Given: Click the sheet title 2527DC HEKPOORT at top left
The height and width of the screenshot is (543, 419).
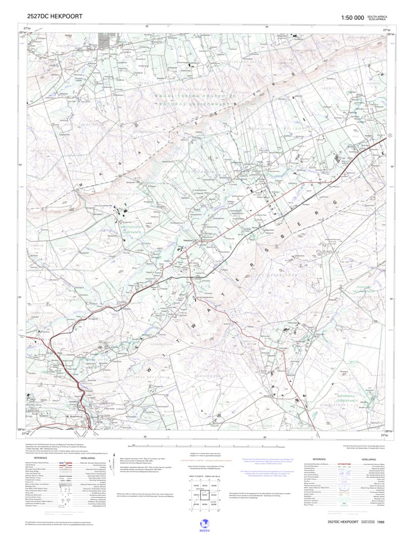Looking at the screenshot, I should (x=55, y=17).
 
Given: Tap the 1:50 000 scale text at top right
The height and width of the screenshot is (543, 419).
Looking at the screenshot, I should (x=352, y=18).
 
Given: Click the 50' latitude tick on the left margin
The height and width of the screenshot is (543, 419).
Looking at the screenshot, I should (x=22, y=165).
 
